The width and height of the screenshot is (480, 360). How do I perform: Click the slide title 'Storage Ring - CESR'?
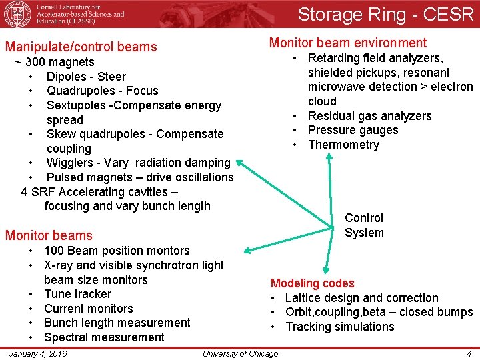pos(385,14)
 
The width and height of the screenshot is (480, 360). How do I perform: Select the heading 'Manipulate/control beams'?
pos(81,47)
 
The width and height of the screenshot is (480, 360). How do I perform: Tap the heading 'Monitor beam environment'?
pos(348,43)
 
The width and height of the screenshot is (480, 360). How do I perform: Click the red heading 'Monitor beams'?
pos(49,235)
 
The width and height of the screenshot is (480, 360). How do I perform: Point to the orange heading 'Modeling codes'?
pos(312,283)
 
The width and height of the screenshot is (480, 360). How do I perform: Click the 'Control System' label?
pos(364,225)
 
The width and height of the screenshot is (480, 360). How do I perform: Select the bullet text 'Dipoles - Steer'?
pos(86,76)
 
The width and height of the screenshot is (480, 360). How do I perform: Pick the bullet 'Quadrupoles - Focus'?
pos(103,91)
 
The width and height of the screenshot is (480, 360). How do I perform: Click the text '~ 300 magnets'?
pos(55,62)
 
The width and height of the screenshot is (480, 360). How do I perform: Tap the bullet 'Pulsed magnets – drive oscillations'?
pos(140,177)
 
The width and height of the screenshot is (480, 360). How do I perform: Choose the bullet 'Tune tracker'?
pos(77,294)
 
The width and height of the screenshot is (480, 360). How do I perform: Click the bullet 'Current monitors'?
pos(88,309)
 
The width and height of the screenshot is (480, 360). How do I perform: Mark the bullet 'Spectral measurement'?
pos(104,337)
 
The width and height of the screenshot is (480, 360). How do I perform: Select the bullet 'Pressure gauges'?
pos(353,130)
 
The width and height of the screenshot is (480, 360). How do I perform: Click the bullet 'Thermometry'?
pos(343,145)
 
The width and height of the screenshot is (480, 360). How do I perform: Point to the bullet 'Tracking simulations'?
pos(340,327)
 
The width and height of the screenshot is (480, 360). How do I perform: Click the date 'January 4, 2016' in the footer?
pos(38,353)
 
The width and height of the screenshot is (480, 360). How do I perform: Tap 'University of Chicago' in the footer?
pos(240,353)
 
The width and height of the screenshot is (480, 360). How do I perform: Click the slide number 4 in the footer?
pos(469,353)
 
